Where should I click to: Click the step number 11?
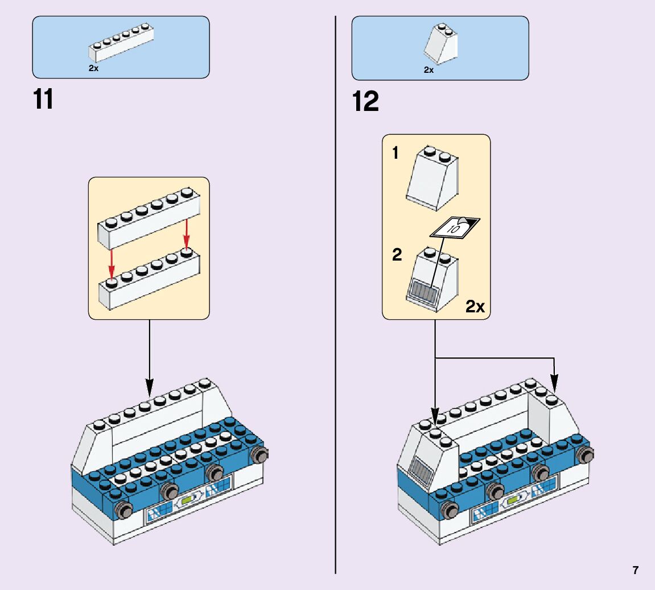pos(43,100)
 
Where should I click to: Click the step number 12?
pos(365,102)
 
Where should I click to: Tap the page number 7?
pos(635,570)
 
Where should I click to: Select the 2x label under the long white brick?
pos(93,68)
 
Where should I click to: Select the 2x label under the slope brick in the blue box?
pos(429,70)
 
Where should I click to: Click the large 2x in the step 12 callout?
pos(475,307)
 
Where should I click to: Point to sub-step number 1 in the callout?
pos(396,154)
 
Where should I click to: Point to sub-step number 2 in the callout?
pos(397,254)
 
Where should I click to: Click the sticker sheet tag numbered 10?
pos(454,228)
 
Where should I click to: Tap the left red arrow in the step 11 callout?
pos(112,263)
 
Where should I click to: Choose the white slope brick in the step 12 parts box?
pos(441,44)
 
